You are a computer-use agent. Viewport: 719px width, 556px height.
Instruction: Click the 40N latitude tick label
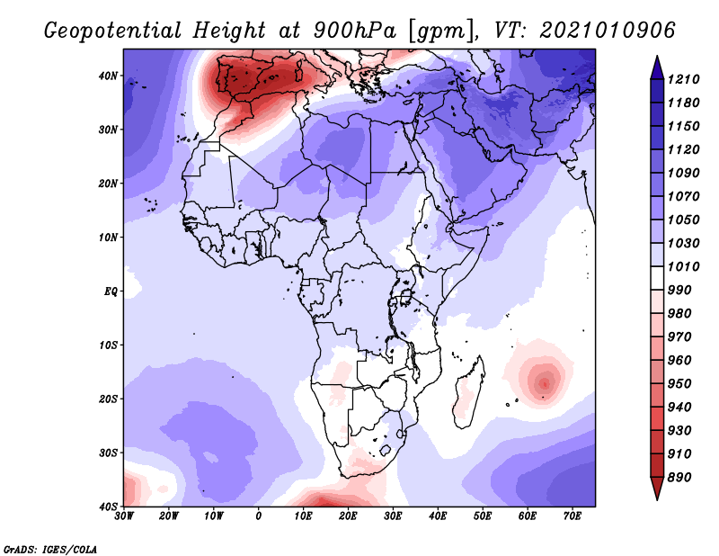pos(108,76)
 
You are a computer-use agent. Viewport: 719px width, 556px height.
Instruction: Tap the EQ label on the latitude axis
pos(111,291)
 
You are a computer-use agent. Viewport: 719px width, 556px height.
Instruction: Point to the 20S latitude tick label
pos(108,399)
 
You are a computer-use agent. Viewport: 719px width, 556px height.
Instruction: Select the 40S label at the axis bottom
pos(108,507)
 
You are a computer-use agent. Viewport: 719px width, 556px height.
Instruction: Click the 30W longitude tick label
pos(124,516)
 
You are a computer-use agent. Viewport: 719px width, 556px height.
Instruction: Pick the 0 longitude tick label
pos(259,516)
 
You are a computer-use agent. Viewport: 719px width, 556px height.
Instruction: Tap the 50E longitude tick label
pos(483,516)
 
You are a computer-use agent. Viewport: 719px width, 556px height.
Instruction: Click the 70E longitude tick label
pos(573,516)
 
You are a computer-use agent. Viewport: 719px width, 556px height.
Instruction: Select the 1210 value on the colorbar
pos(683,79)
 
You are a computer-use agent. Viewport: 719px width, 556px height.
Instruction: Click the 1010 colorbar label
pos(683,266)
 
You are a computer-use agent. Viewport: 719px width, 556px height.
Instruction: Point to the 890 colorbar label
pos(679,478)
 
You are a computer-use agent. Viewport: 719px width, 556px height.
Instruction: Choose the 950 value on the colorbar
pos(679,384)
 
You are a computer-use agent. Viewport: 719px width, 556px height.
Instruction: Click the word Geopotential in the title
pos(113,31)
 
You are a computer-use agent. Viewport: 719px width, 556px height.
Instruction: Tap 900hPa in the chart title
pos(354,31)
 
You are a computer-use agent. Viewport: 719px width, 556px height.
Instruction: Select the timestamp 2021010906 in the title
pos(608,31)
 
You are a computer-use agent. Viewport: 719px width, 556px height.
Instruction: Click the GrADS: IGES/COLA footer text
pos(50,549)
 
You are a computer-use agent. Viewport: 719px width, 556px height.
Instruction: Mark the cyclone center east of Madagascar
pos(545,383)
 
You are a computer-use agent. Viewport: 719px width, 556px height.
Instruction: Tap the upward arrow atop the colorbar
pos(657,67)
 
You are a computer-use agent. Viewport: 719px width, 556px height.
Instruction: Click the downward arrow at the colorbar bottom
pos(657,489)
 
